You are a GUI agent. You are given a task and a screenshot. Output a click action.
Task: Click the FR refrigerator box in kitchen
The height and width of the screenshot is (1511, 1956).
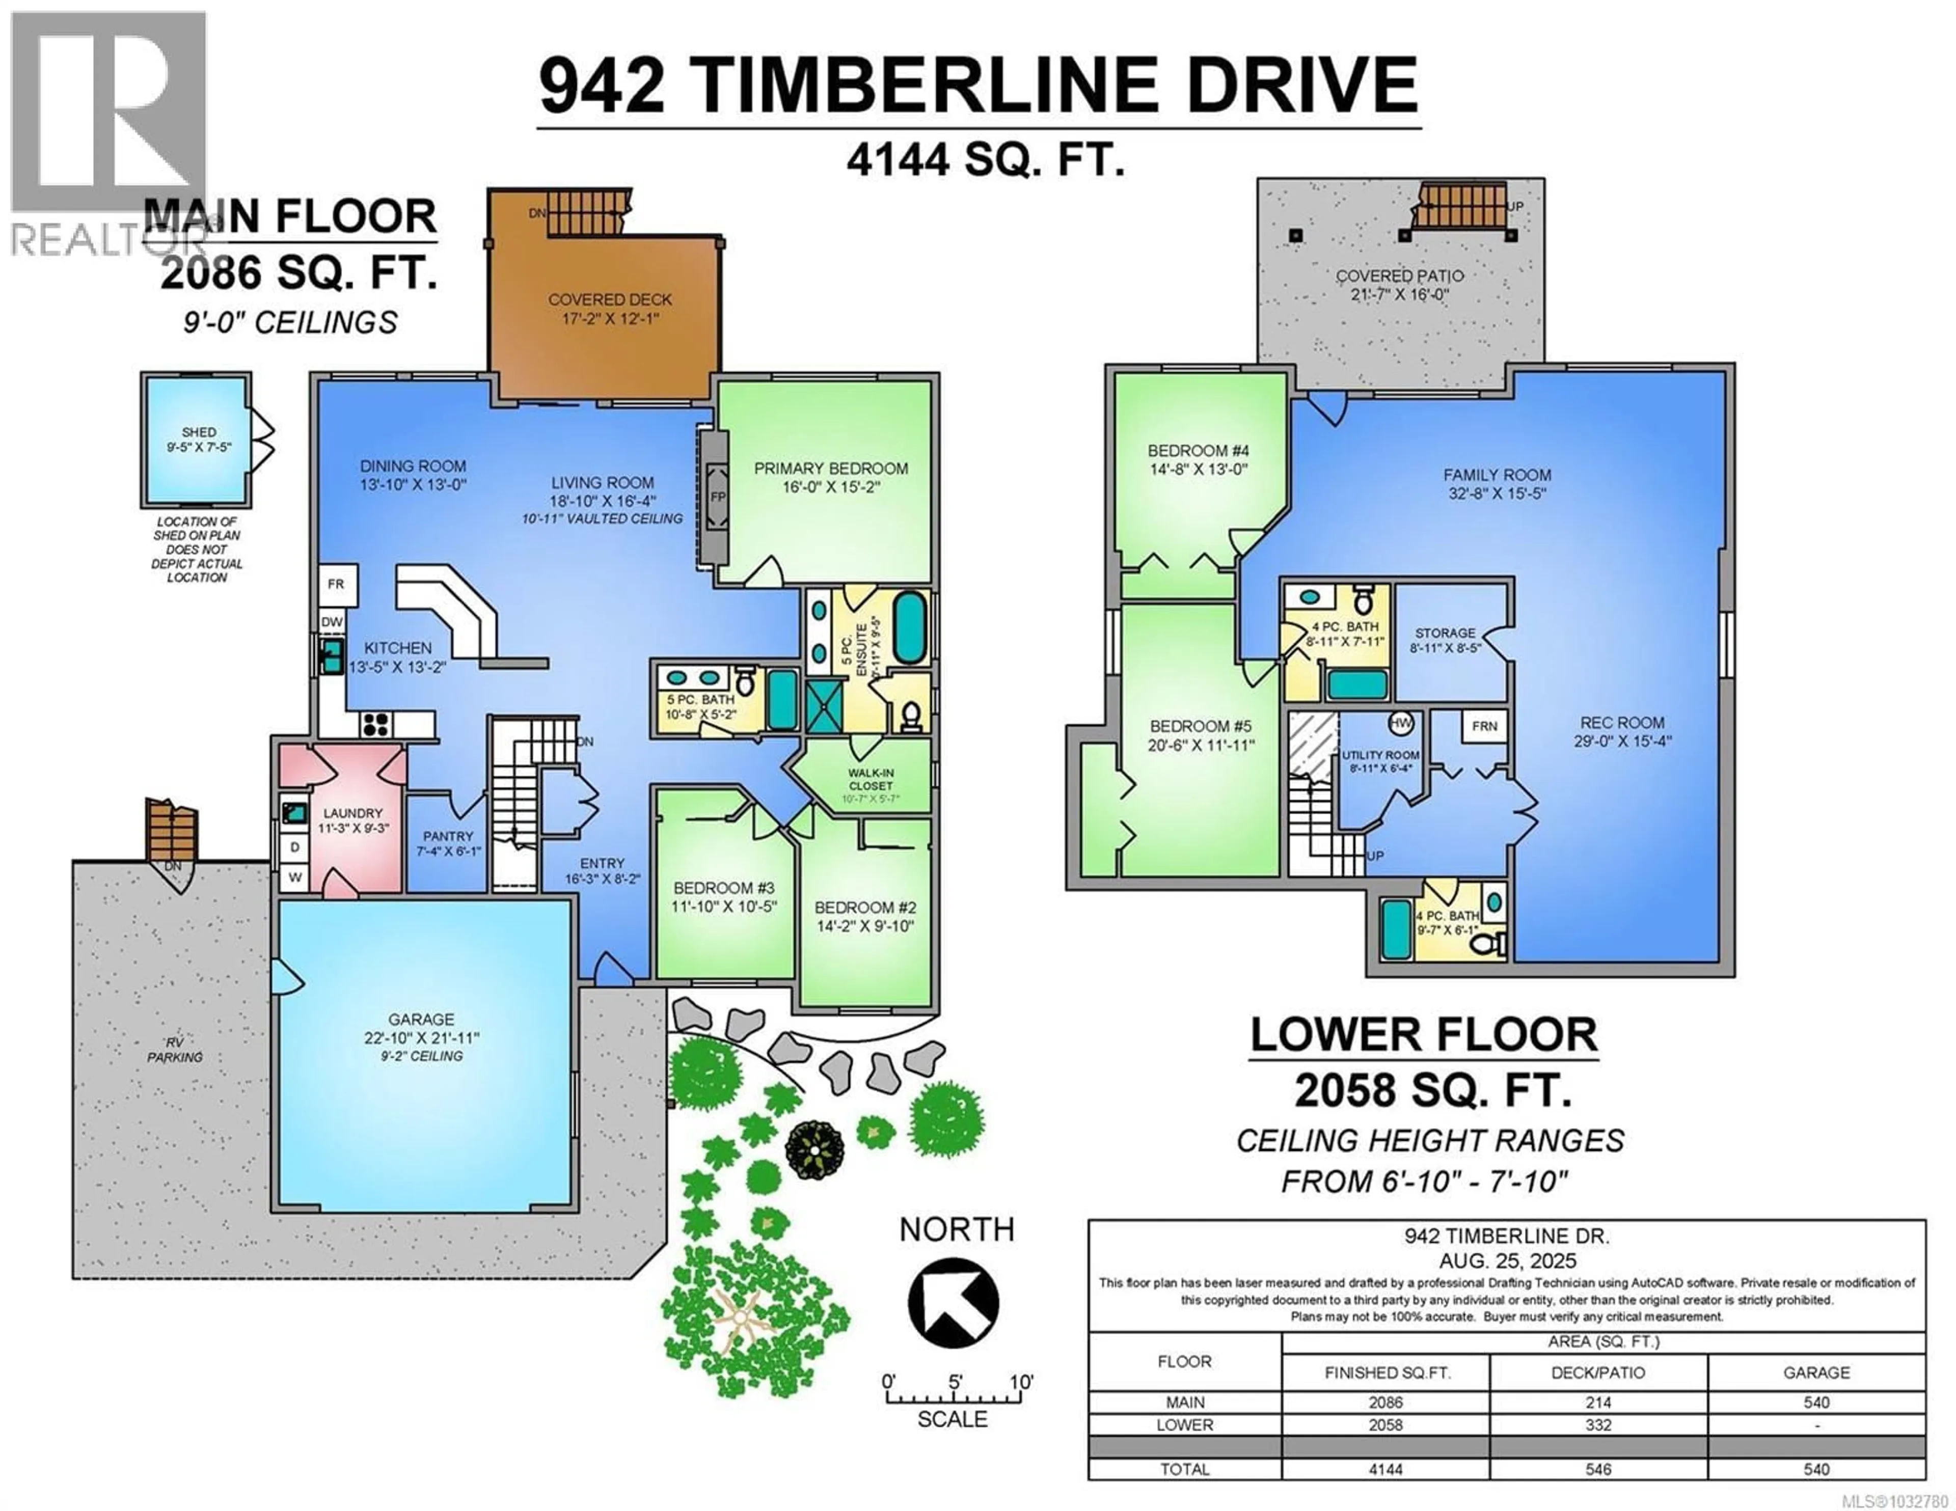(x=336, y=584)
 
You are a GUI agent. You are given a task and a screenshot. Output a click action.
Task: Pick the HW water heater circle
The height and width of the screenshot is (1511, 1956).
(x=1401, y=723)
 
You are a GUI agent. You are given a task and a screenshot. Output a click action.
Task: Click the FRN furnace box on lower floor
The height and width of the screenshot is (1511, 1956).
(x=1484, y=726)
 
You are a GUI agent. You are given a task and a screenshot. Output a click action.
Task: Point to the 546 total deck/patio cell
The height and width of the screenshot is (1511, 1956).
(x=1598, y=1469)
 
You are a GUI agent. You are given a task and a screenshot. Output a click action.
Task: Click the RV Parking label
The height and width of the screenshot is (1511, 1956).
(x=175, y=1050)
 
